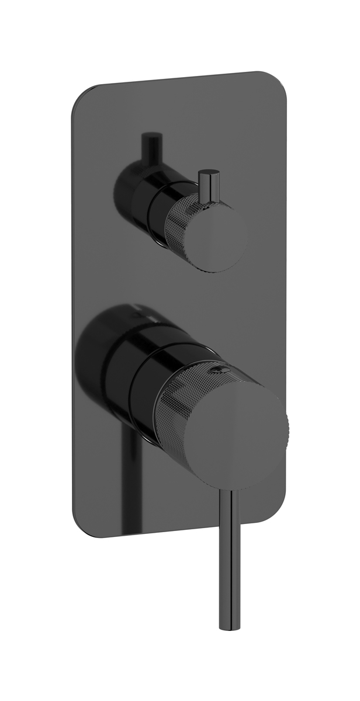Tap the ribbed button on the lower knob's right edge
pos(284,422)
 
